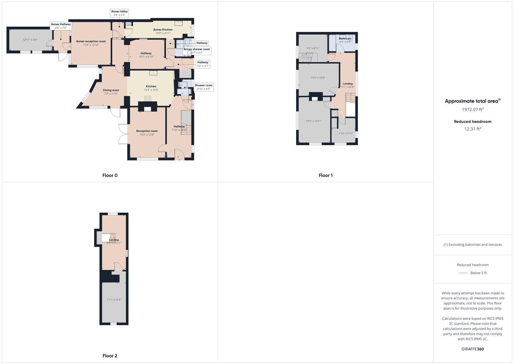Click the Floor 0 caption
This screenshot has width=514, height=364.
point(110,175)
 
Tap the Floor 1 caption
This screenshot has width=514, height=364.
point(325,175)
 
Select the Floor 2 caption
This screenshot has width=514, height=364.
point(110,356)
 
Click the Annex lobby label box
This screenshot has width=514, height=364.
point(119,13)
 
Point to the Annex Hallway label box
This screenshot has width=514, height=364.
point(61,26)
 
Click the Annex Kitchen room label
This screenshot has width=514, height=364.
point(163,31)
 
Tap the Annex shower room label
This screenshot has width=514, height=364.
point(197,51)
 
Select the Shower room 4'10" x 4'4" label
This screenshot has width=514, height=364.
point(204,87)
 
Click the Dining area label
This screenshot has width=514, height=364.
point(111,92)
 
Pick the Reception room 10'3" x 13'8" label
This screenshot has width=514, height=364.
point(147,133)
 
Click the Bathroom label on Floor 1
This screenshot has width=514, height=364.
point(345,40)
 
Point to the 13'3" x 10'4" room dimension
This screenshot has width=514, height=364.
point(318,78)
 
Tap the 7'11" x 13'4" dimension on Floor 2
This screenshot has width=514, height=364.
point(114,300)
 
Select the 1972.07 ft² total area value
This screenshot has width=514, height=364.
point(473,110)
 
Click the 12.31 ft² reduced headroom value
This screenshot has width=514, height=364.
point(473,129)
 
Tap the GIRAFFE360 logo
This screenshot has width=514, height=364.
point(473,349)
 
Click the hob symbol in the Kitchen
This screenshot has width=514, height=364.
point(148,98)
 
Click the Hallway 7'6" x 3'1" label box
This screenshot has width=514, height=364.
point(203,64)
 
